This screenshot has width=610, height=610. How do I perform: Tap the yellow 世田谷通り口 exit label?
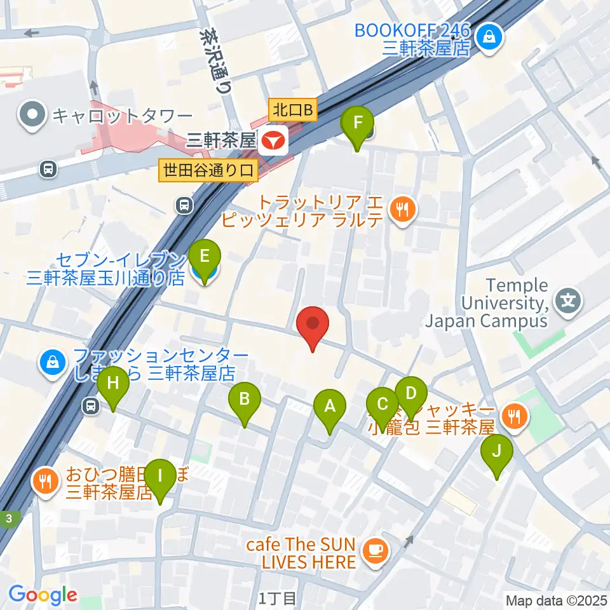[208, 170]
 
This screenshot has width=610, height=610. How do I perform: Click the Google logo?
[43, 595]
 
